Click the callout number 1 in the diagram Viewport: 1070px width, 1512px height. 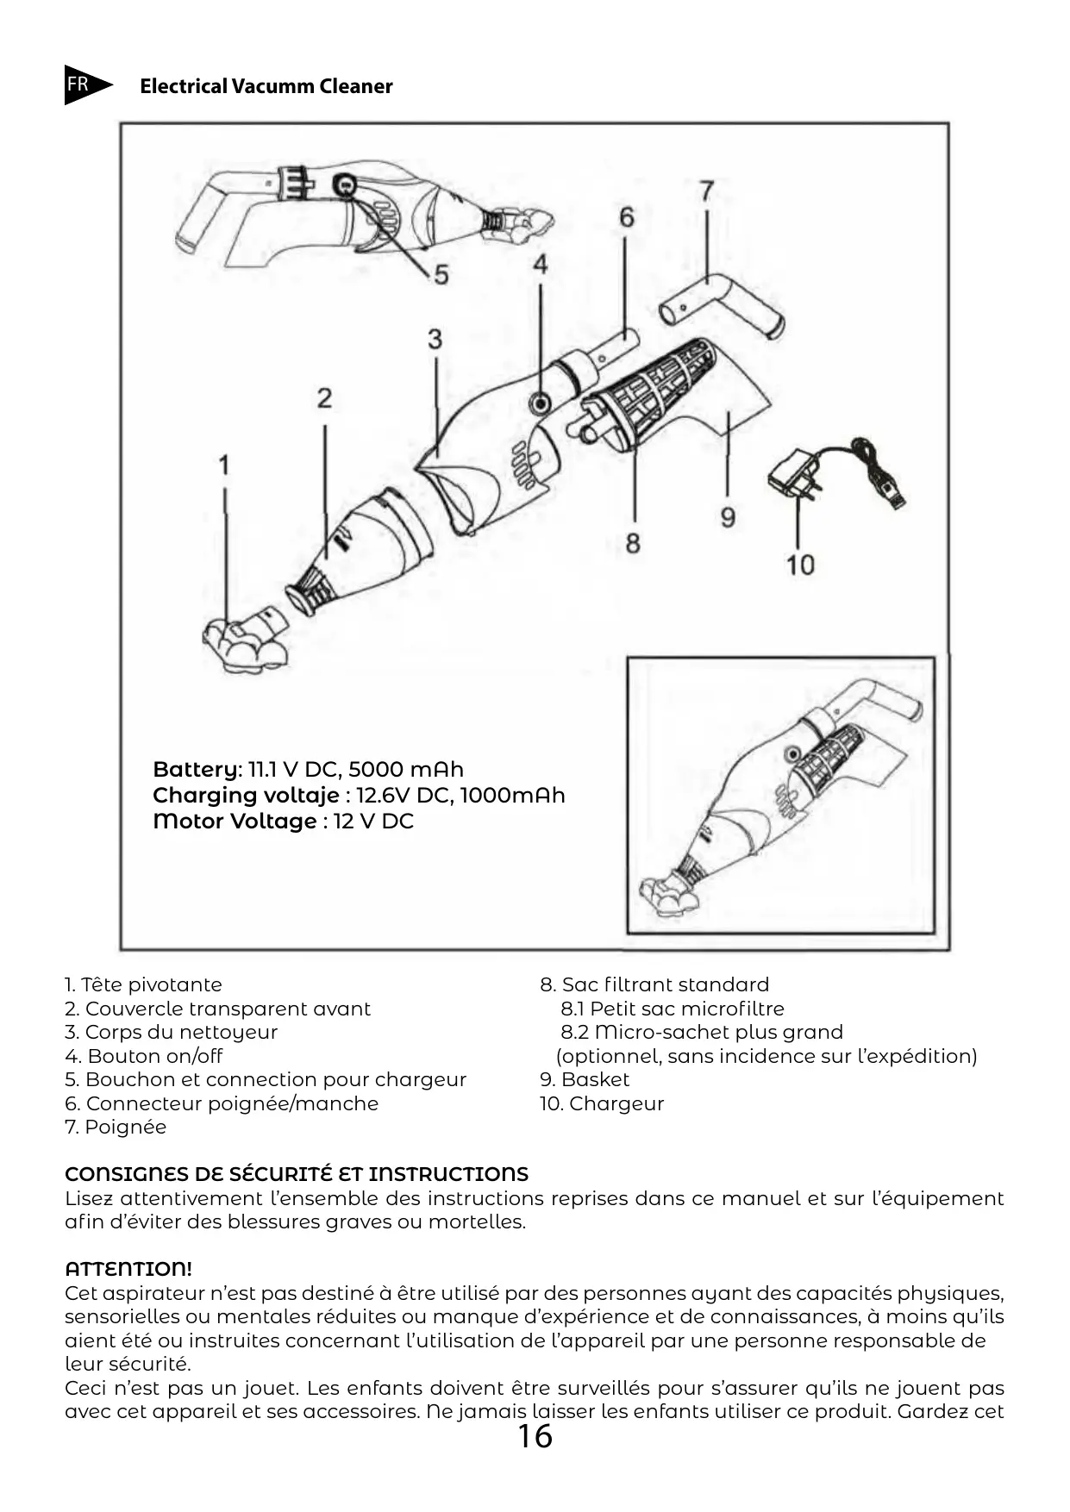[224, 465]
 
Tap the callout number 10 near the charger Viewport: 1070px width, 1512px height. [800, 565]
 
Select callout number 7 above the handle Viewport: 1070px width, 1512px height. [706, 191]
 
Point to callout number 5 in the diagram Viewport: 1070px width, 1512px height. [441, 275]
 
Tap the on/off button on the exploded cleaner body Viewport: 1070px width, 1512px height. [541, 401]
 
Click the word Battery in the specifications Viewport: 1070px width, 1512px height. [197, 769]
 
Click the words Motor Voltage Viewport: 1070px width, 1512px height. [235, 821]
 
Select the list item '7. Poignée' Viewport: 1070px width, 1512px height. [116, 1127]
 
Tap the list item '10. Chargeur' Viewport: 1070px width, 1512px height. [602, 1103]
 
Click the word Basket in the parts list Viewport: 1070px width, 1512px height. [595, 1079]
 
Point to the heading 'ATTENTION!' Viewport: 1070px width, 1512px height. [128, 1269]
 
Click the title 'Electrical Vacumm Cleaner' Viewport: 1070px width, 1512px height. [266, 86]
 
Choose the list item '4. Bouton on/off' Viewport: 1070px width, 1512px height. [144, 1056]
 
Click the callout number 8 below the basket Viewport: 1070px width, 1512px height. [633, 543]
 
